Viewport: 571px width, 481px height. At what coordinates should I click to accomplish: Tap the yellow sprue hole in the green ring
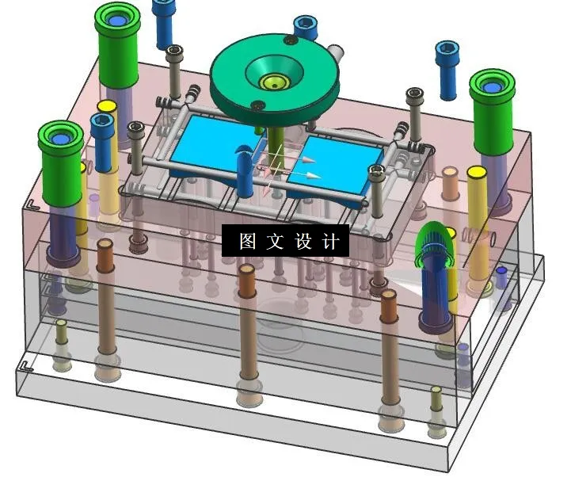[x=273, y=82]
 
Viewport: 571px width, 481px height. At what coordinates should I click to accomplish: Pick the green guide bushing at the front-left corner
[x=61, y=158]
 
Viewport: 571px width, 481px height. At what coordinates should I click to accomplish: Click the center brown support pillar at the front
[x=246, y=333]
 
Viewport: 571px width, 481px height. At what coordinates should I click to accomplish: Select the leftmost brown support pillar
[x=105, y=301]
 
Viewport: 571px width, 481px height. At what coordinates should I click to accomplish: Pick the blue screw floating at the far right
[x=447, y=67]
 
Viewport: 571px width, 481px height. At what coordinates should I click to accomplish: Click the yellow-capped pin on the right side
[x=476, y=206]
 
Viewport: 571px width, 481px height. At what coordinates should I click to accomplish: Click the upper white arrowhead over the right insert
[x=312, y=158]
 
